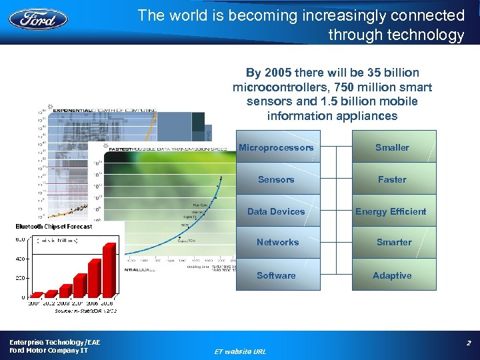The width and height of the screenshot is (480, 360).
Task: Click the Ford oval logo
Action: [38, 18]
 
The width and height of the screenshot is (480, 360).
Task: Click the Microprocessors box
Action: [276, 147]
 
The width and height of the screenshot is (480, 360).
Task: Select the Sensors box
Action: [276, 179]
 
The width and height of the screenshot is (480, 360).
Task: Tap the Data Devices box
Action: [276, 211]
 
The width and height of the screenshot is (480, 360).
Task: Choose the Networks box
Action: [277, 242]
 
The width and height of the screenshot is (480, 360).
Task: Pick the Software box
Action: [276, 275]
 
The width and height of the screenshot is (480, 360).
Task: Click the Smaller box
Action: [392, 147]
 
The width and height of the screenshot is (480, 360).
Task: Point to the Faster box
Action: [392, 179]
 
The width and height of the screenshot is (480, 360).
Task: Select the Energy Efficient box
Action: [391, 211]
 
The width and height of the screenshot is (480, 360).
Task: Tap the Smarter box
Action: [393, 242]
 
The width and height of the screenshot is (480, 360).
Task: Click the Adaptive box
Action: [392, 275]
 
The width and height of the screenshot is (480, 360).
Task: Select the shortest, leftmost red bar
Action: [36, 295]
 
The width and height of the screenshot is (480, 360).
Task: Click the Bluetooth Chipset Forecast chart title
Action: [54, 227]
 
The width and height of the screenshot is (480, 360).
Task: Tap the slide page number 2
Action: [469, 343]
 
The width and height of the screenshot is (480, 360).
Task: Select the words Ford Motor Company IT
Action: [48, 350]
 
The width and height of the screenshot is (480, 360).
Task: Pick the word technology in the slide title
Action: [426, 35]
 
